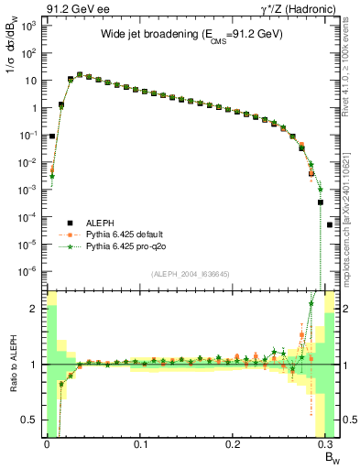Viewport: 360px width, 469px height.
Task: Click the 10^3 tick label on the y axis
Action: click(27, 26)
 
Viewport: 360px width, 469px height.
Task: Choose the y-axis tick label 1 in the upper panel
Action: click(35, 107)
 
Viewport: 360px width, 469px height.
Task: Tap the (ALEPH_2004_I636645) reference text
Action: click(190, 276)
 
